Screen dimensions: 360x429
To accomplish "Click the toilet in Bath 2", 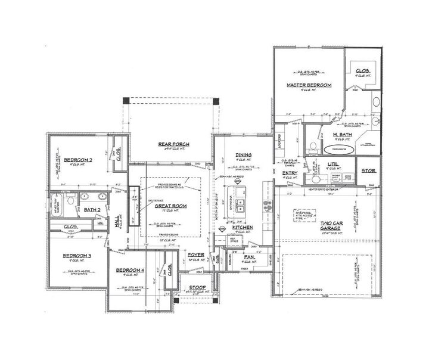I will pos(70,201).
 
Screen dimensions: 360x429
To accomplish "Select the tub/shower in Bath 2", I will pos(55,201).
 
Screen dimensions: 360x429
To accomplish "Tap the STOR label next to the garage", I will pos(369,171).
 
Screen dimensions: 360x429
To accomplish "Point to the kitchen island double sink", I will pos(243,206).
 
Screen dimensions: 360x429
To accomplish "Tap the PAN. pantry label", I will pos(249,257).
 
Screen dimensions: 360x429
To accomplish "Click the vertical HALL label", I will pos(116,221).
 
